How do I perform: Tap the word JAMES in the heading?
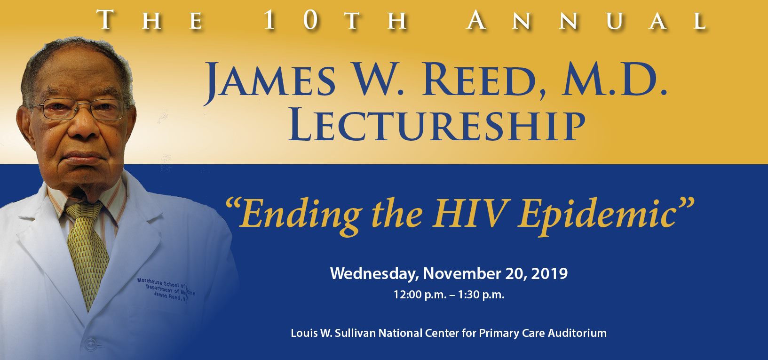tap(269, 81)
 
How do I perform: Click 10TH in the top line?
tap(334, 21)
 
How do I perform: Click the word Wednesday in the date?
tap(374, 273)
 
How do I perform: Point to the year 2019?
tap(549, 273)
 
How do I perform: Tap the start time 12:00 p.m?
tap(420, 295)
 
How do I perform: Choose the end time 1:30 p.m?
tap(481, 295)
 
